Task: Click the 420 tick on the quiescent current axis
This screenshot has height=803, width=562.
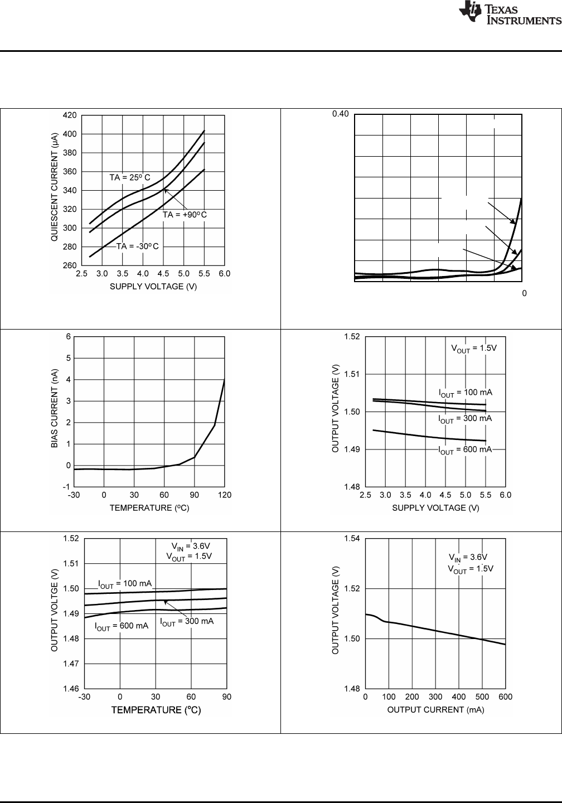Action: tap(69, 115)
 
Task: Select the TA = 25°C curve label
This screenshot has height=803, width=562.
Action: tap(130, 178)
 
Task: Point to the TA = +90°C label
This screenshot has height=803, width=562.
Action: tap(185, 215)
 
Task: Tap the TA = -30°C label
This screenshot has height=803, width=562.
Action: tap(137, 246)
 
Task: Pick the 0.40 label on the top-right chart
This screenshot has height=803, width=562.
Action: tap(341, 114)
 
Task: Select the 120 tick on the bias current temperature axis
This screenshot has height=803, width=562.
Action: tap(225, 495)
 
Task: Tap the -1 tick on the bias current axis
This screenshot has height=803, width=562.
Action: tap(67, 487)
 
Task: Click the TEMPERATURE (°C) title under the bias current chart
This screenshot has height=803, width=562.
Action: tap(149, 508)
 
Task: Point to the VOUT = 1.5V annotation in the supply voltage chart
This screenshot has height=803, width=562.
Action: tap(473, 349)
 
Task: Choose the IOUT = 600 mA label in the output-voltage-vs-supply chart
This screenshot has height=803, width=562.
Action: tap(465, 450)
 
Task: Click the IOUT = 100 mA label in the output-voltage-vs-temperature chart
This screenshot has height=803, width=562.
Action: tap(125, 584)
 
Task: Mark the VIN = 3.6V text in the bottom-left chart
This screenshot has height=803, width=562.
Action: tap(190, 546)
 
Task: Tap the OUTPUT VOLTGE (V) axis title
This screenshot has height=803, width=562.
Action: tap(55, 613)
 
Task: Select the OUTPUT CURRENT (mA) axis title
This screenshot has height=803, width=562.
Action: tap(435, 710)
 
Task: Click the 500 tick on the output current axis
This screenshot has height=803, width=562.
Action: tap(482, 697)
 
